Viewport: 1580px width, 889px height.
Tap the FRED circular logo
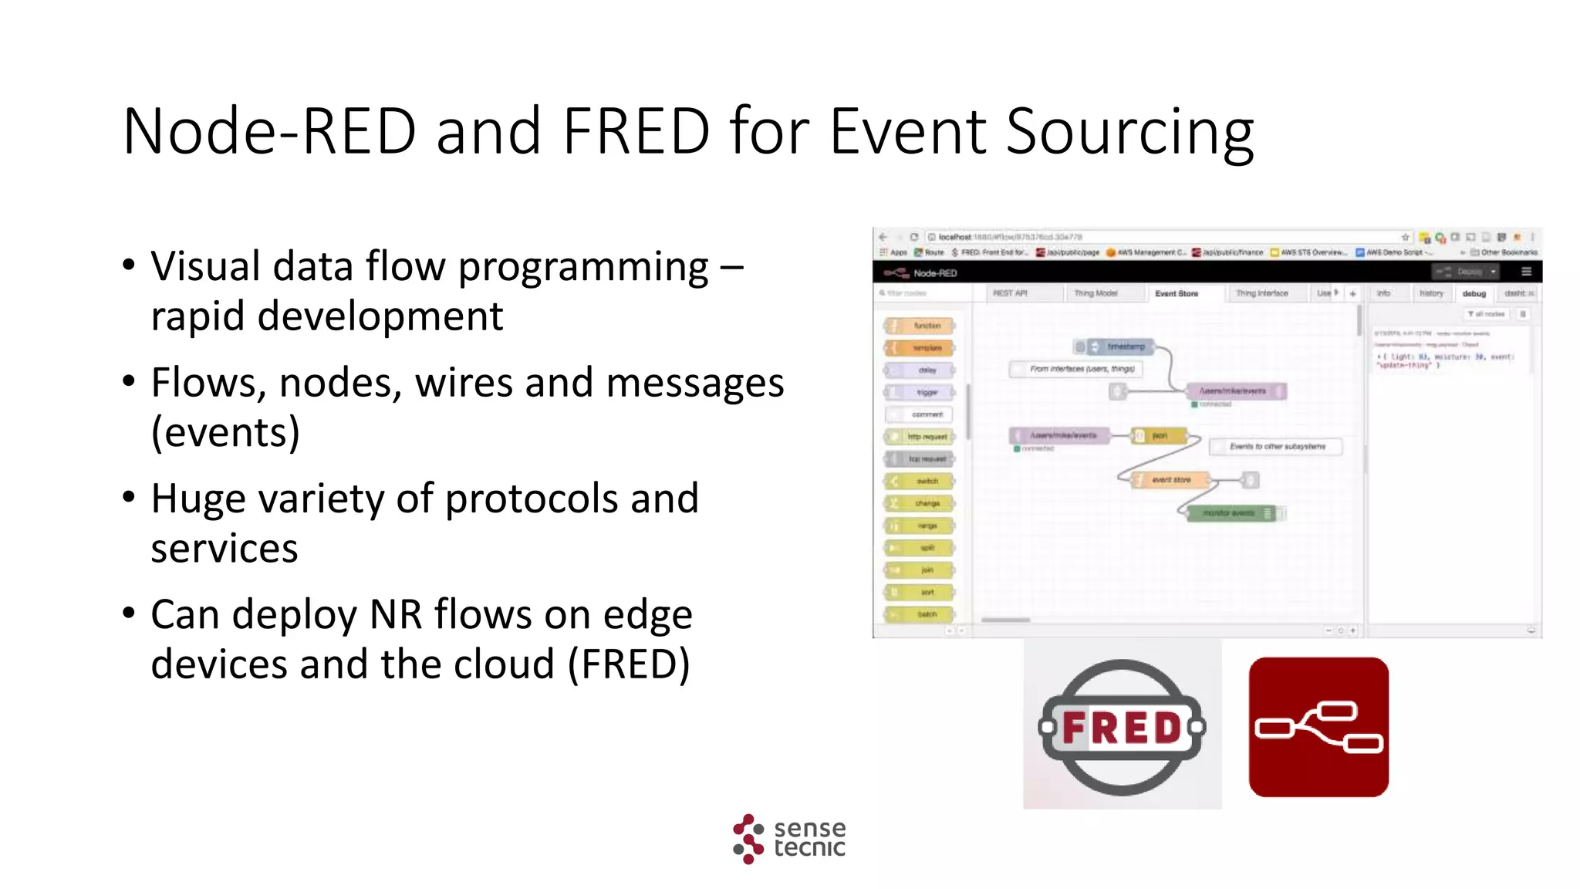coord(1122,727)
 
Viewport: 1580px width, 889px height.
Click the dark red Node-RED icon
coord(1318,727)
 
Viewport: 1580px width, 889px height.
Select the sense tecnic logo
coord(788,838)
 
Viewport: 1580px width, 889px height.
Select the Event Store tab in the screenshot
coord(1176,294)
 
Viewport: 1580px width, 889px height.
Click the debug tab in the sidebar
coord(1474,294)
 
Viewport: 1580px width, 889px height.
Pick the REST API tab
coord(1009,294)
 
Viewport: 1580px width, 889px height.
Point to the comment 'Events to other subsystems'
coord(1276,447)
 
